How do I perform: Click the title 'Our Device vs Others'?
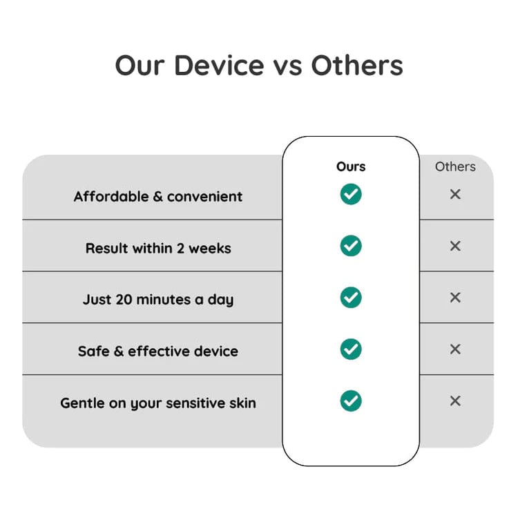259,66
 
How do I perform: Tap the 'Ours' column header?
351,166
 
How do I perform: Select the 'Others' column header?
455,166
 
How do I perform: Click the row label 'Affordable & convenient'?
158,196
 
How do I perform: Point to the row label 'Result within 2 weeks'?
158,248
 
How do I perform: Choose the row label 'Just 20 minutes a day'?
158,300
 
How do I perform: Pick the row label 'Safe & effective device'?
158,351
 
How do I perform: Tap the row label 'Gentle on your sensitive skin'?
158,403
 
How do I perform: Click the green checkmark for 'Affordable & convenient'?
351,194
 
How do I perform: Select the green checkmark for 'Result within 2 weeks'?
351,245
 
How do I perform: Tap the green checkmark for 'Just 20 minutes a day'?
351,297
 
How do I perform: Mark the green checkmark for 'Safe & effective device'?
351,349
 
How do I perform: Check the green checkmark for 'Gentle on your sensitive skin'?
351,400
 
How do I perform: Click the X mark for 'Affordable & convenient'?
455,194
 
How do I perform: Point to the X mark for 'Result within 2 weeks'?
455,246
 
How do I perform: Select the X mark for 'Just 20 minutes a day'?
455,298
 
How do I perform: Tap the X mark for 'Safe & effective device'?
455,349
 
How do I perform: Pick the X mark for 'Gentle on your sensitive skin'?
455,401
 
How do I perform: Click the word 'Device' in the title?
218,66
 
